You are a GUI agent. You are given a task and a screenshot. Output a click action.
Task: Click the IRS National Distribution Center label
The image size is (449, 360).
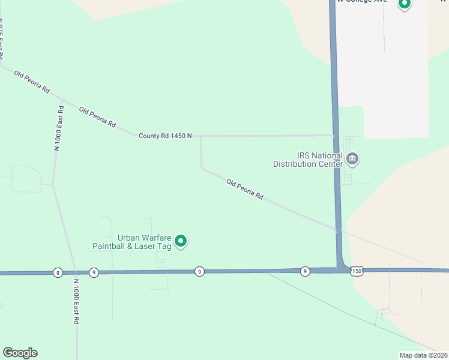point(308,160)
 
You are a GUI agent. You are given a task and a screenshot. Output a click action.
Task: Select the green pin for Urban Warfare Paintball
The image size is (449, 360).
point(181,242)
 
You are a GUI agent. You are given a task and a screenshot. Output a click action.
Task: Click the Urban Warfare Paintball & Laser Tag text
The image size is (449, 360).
point(132,242)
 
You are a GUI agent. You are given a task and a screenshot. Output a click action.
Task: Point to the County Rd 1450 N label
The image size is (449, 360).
point(165,136)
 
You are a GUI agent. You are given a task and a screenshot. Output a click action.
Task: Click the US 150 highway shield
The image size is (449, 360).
point(357,271)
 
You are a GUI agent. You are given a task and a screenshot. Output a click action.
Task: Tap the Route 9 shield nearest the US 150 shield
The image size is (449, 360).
point(306,271)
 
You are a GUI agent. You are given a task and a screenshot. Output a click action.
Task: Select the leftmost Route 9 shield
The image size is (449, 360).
point(57,272)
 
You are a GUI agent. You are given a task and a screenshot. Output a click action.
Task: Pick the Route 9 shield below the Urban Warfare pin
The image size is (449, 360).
point(199,272)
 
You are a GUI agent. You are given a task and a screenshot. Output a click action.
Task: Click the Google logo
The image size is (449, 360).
point(20,353)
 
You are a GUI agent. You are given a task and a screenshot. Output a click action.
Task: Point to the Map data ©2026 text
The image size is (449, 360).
point(424,355)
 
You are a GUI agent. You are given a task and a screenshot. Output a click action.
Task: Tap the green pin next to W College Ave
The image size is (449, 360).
point(405,4)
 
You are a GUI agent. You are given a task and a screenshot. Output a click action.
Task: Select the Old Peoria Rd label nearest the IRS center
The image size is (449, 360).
point(245,189)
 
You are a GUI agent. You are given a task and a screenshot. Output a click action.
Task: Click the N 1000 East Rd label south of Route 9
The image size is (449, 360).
point(77,302)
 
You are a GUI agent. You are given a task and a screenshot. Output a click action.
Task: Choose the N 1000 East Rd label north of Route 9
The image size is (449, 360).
point(59,127)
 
